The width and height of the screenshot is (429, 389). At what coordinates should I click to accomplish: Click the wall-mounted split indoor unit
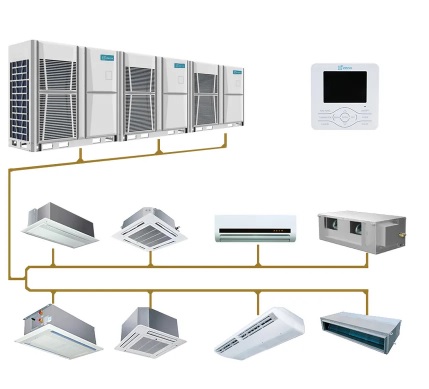pyautogui.click(x=257, y=228)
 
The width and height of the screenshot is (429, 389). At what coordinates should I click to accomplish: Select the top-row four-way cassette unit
pyautogui.click(x=150, y=228)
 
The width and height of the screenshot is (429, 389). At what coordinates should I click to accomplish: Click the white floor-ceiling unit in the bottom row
pyautogui.click(x=258, y=332)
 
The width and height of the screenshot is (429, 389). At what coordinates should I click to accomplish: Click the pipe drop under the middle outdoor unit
pyautogui.click(x=157, y=149)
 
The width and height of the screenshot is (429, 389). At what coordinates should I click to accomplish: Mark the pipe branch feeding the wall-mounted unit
pyautogui.click(x=257, y=256)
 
